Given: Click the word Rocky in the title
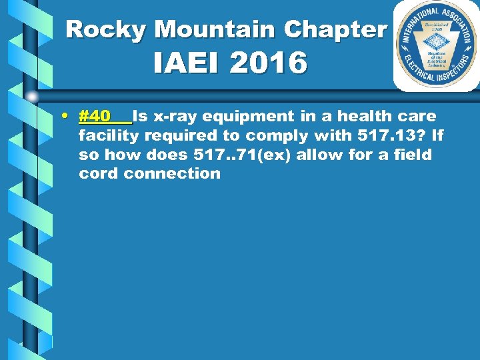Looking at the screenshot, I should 107,29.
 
